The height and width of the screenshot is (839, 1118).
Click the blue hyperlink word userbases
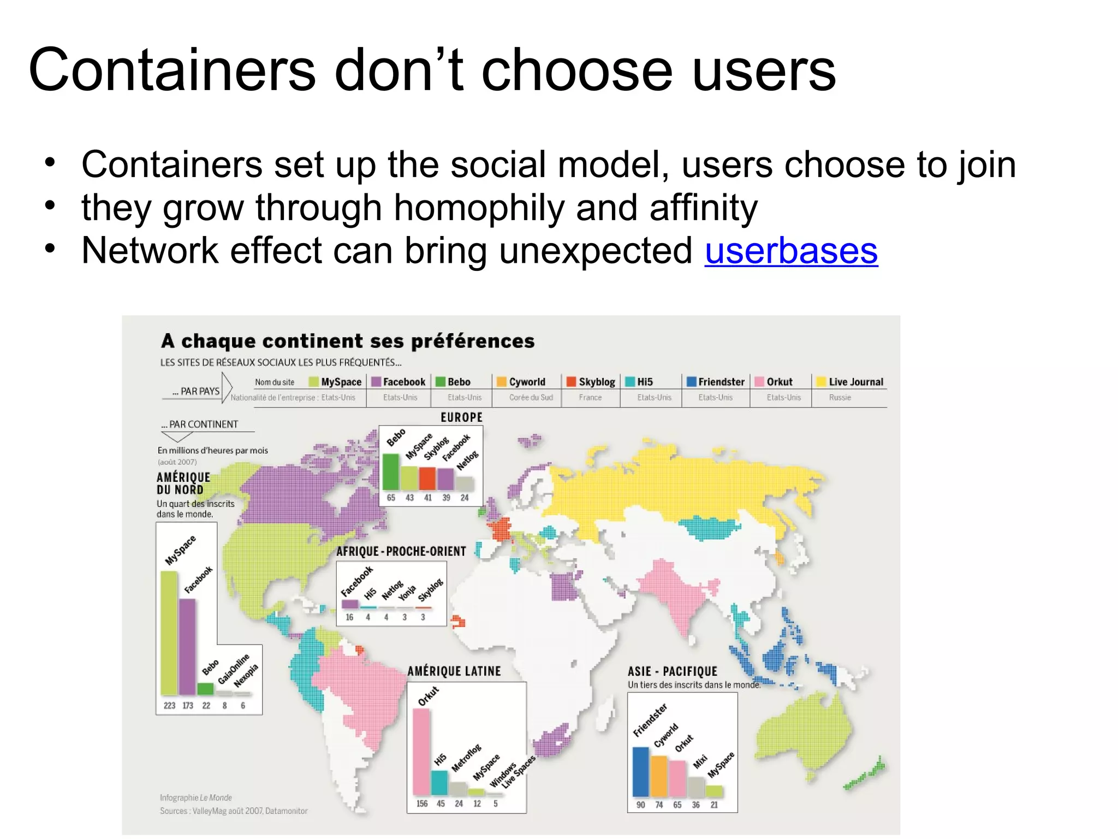coord(790,251)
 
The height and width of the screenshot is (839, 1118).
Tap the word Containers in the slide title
coord(171,70)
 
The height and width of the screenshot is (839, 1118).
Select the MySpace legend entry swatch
coord(313,381)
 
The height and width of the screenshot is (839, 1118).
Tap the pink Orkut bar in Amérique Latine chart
coord(421,751)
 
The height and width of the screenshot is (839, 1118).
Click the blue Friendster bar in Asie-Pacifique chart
coord(640,771)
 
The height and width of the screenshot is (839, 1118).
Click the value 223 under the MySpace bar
coord(169,706)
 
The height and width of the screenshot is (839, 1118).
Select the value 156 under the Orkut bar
coord(422,803)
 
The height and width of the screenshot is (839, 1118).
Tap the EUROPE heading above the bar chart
coord(461,417)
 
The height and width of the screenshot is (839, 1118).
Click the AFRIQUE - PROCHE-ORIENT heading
coord(401,551)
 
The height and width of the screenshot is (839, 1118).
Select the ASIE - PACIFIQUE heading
coord(672,671)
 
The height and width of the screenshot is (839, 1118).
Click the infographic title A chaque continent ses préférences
coord(348,341)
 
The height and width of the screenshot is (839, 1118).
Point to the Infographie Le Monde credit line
coord(195,797)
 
